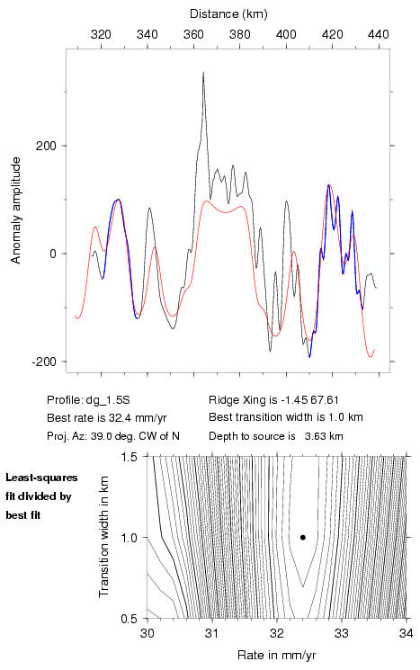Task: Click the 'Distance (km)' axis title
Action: (228, 14)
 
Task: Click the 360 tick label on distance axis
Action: (193, 34)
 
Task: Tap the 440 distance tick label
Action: (379, 34)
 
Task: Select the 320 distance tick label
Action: (102, 34)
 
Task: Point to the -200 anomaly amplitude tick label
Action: (44, 362)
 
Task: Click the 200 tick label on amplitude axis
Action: (46, 146)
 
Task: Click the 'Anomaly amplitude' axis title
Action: (15, 210)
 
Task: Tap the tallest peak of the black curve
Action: (203, 73)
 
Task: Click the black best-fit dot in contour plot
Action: (303, 538)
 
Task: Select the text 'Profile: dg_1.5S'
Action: (88, 400)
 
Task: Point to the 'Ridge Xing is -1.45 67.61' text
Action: (273, 400)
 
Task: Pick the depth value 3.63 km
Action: (324, 436)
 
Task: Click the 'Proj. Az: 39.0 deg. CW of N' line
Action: (113, 436)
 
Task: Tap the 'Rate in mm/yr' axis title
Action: (276, 655)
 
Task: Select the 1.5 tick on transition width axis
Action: (129, 457)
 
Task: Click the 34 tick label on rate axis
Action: (407, 633)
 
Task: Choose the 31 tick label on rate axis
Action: (212, 633)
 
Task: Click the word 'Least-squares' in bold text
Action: (42, 478)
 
